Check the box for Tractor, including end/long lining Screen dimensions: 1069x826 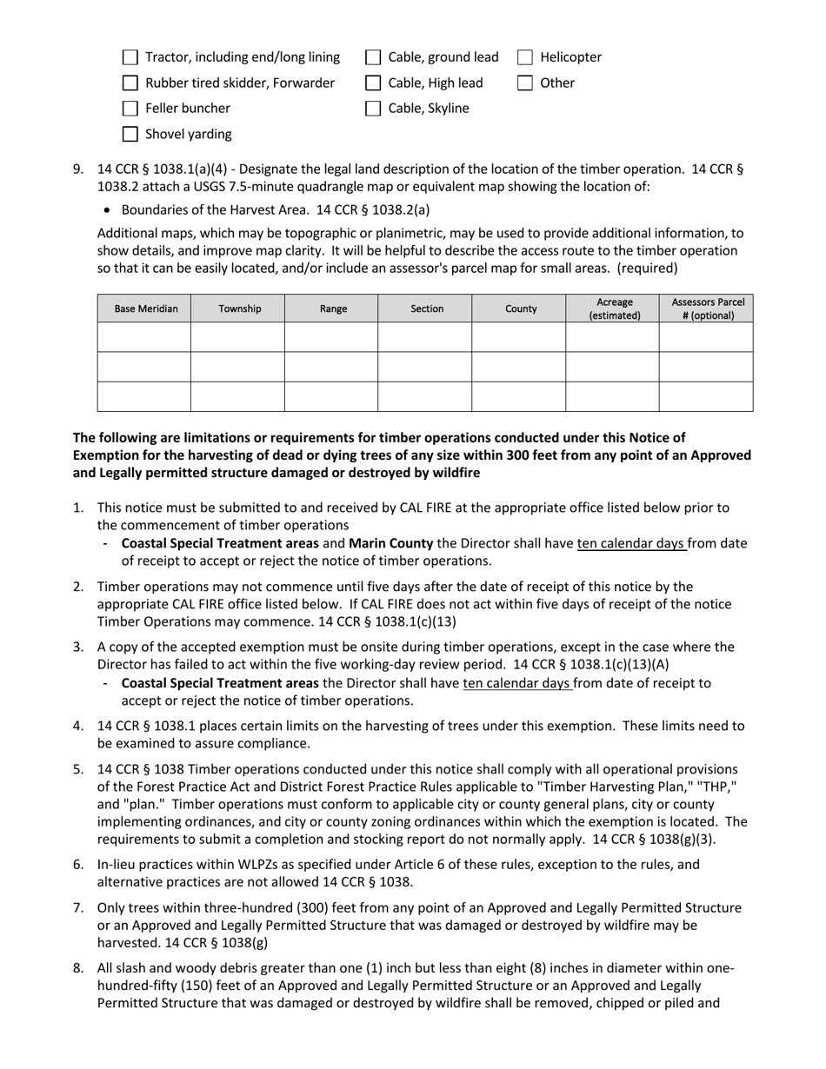point(130,57)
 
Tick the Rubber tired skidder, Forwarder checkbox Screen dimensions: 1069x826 point(130,83)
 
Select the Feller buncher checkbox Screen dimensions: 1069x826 point(130,109)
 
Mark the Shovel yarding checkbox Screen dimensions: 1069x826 point(130,134)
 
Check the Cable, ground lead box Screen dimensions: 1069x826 point(373,57)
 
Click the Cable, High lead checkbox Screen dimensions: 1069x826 point(373,83)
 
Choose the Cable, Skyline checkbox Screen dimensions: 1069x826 point(373,109)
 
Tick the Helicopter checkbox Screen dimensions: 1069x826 point(525,57)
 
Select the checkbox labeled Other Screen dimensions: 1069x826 point(525,83)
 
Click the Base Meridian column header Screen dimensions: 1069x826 point(143,309)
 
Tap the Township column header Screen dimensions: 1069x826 point(237,309)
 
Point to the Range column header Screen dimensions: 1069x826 point(331,309)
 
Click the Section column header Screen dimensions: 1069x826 point(425,309)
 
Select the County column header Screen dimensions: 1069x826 point(519,309)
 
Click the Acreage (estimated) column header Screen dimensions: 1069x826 point(613,309)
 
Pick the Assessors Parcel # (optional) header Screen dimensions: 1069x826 point(706,309)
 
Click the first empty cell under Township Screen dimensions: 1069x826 point(237,337)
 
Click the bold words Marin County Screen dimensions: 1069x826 point(390,543)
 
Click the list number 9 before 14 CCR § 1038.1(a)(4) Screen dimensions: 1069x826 point(78,169)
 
